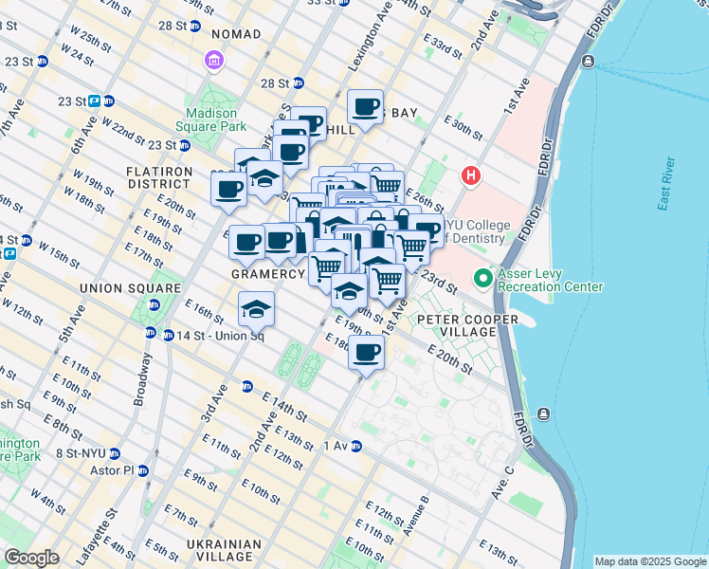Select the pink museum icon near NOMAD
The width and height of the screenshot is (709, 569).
point(214,62)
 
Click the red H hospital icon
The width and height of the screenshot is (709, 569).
point(469,175)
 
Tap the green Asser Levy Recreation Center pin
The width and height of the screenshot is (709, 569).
point(482,279)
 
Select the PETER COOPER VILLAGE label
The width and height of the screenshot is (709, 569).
point(469,326)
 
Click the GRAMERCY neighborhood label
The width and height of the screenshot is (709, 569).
point(268,274)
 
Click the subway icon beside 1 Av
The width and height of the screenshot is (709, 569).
point(356,446)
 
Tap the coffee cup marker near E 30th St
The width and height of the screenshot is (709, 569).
point(365,107)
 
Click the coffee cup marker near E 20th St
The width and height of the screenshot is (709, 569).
point(366,353)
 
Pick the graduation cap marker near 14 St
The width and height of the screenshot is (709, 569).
point(256,308)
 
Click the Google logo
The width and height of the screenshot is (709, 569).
point(31,558)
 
